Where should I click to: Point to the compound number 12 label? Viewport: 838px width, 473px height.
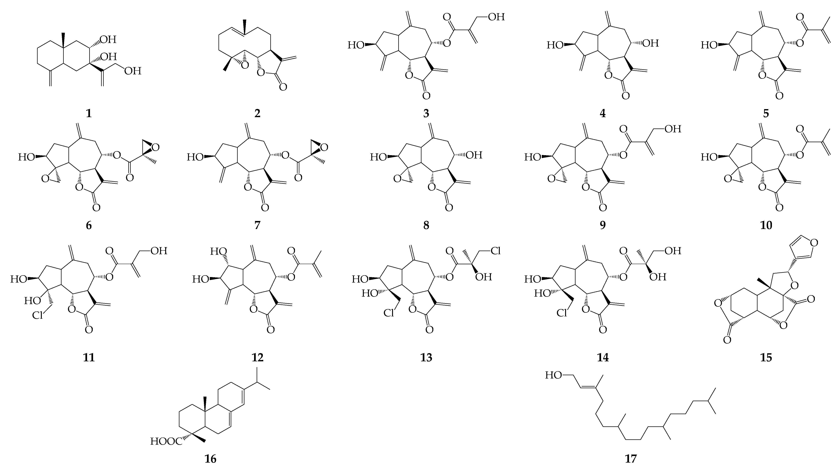pyautogui.click(x=257, y=357)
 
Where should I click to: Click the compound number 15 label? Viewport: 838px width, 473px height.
pyautogui.click(x=766, y=357)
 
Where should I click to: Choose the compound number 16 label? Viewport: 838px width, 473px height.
pyautogui.click(x=210, y=459)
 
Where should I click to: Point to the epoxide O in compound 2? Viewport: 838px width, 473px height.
pyautogui.click(x=245, y=65)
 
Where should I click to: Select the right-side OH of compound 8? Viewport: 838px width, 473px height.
pyautogui.click(x=474, y=155)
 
